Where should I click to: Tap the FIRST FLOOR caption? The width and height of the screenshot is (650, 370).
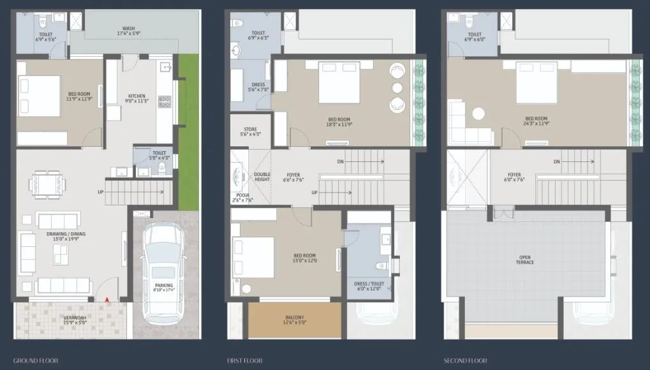click(x=244, y=361)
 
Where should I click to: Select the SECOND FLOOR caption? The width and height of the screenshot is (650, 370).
click(x=464, y=361)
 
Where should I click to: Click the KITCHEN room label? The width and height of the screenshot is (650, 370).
click(x=137, y=96)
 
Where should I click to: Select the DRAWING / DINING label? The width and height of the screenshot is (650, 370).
click(x=66, y=234)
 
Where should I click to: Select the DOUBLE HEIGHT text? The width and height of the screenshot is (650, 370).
click(x=262, y=177)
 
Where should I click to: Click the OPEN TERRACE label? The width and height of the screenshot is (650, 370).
click(x=526, y=260)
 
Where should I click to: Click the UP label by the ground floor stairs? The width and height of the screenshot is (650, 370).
click(x=100, y=191)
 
